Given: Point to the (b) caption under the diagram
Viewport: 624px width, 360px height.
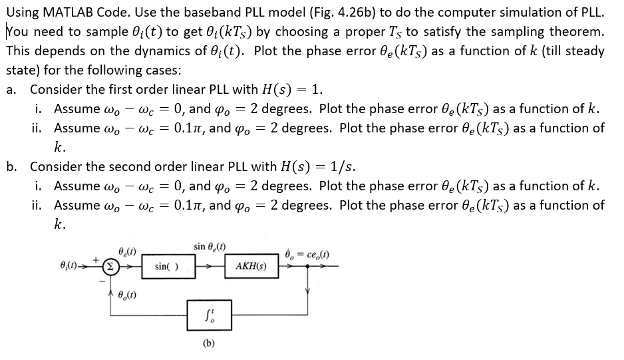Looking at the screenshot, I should pos(208,345).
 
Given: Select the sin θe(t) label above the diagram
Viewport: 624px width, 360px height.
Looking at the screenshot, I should pos(208,247).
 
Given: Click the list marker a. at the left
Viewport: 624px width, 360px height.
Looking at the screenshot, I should pos(11,89).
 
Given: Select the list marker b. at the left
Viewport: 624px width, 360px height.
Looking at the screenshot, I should pos(11,166).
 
